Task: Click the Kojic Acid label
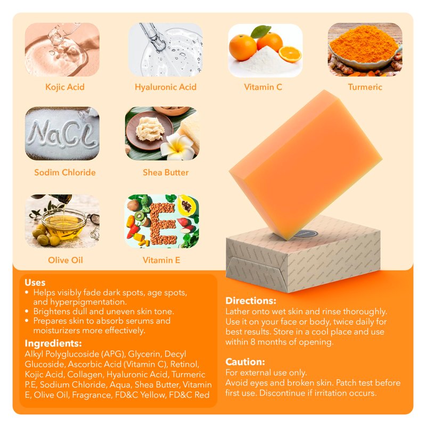(64, 87)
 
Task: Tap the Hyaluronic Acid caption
(166, 87)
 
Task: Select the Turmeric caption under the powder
(365, 87)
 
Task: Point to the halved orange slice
(290, 54)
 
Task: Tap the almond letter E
(162, 222)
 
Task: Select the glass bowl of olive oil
(63, 224)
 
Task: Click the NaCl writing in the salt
(62, 133)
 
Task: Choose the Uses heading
(35, 283)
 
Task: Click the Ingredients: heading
(53, 343)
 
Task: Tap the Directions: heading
(251, 301)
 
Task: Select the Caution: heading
(245, 362)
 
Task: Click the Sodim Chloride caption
(64, 172)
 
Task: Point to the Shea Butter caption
(166, 172)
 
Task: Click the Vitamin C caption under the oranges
(263, 87)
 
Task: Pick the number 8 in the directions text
(252, 342)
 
